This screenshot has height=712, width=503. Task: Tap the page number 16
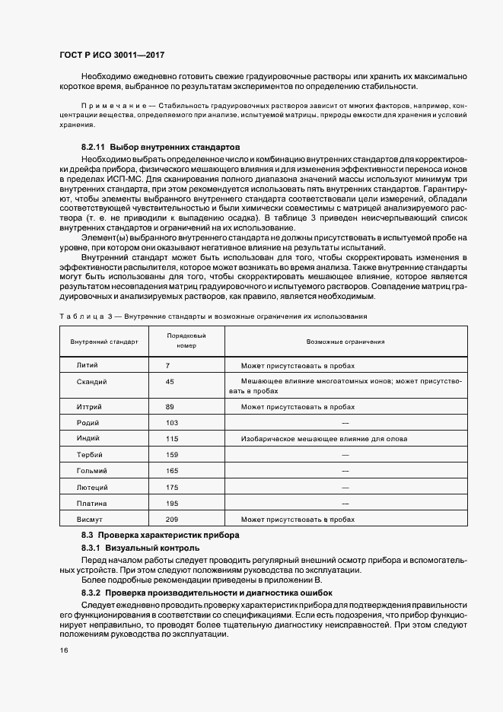tap(64, 650)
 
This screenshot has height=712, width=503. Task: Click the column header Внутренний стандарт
tap(104, 342)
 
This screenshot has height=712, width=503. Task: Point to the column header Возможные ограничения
tap(345, 342)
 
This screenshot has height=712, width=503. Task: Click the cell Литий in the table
tap(88, 366)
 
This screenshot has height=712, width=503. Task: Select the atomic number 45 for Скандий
tap(170, 382)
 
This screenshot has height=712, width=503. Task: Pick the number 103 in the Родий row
tap(171, 422)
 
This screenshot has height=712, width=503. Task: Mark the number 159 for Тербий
tap(171, 455)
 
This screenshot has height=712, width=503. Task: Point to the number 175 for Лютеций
tap(171, 487)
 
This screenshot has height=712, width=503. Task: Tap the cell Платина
tap(91, 503)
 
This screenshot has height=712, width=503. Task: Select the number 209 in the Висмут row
tap(171, 519)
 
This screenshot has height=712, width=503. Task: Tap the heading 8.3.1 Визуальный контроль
tap(140, 548)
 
